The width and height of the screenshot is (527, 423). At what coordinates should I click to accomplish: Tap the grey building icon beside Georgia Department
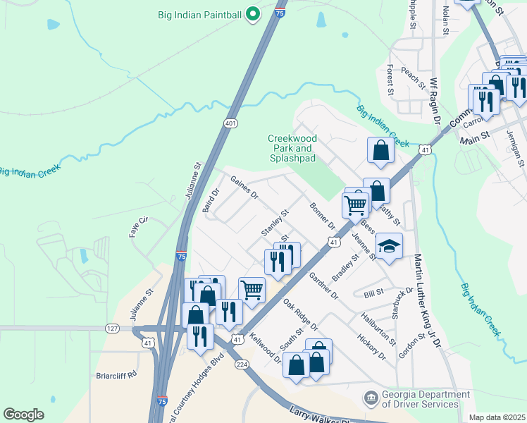[370, 399]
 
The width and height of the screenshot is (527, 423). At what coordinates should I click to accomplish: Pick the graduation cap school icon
[388, 246]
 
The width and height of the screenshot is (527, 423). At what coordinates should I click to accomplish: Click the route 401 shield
[230, 123]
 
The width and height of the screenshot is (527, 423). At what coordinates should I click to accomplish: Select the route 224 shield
[242, 364]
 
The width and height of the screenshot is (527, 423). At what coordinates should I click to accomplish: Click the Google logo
[23, 415]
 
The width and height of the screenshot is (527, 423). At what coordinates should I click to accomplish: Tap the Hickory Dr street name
[372, 348]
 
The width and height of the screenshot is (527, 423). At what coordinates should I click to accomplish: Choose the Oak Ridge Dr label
[301, 315]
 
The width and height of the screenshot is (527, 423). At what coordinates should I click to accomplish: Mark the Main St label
[475, 134]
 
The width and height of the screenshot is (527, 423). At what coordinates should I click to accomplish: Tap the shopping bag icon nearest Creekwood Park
[380, 151]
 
